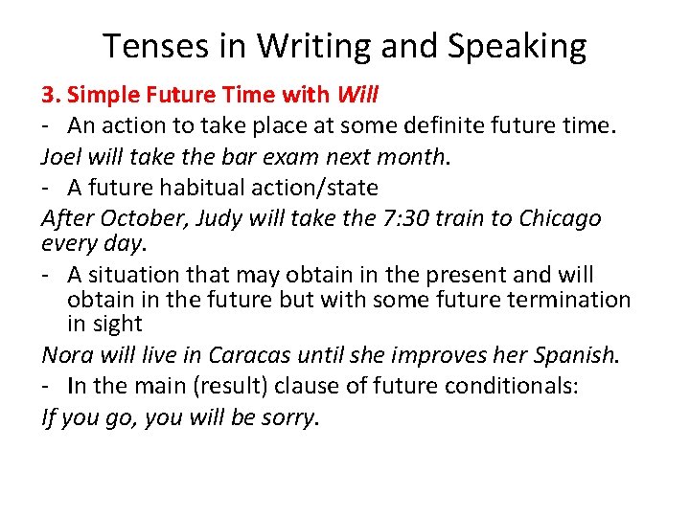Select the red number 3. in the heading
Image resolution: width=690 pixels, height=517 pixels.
tap(50, 95)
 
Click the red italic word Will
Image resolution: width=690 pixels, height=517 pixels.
tap(356, 95)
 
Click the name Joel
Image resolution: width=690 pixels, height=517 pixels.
tap(60, 156)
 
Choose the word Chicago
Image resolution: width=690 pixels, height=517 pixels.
tap(560, 218)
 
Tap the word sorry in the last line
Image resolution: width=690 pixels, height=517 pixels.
tap(285, 417)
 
